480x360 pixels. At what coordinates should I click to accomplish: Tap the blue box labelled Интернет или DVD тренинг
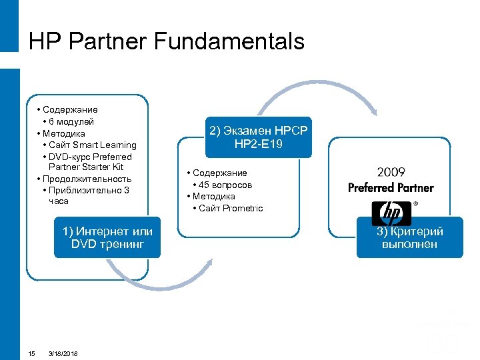(x=107, y=237)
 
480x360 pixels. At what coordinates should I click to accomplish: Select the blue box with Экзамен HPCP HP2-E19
(x=259, y=137)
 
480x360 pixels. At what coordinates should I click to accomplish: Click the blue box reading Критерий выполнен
(x=409, y=237)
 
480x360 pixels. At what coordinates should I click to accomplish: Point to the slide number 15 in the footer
(x=31, y=353)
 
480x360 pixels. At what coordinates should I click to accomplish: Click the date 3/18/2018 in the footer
(x=63, y=353)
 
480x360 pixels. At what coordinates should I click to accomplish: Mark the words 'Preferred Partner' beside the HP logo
(x=391, y=188)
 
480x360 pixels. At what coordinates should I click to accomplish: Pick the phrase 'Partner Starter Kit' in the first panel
(x=86, y=167)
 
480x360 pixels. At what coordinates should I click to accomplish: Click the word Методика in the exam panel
(x=216, y=196)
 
